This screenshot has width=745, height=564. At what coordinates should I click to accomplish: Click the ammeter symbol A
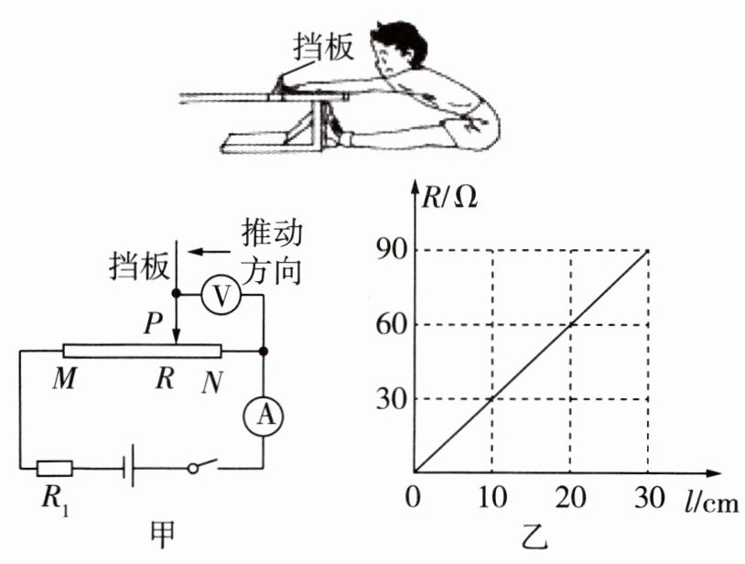(x=265, y=416)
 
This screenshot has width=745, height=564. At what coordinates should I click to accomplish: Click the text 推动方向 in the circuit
(x=272, y=253)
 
